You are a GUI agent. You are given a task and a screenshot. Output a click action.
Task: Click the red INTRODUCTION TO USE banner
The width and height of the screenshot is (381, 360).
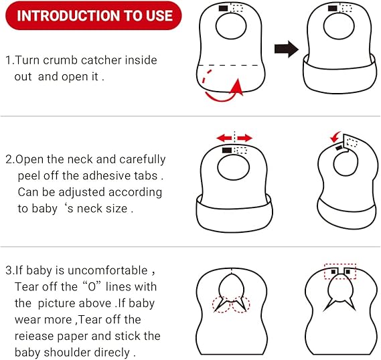[x=94, y=15]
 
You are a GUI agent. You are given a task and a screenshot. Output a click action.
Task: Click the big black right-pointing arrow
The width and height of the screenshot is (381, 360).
[x=287, y=48]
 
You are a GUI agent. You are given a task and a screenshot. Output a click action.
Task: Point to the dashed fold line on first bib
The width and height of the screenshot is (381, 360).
[x=232, y=65]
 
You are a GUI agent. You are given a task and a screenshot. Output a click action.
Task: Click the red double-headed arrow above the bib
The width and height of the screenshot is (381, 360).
[x=234, y=138]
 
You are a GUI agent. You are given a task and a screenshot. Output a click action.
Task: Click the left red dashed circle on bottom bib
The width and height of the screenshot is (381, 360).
[x=220, y=304]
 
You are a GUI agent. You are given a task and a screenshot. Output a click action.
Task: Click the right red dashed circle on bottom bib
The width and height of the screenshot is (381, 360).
[x=239, y=304]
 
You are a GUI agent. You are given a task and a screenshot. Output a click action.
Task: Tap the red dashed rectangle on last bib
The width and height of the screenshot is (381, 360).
[x=340, y=272]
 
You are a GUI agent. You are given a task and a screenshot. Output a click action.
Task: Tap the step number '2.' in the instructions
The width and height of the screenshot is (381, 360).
[x=10, y=160]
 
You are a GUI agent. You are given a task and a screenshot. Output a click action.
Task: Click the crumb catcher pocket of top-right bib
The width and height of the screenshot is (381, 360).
[x=338, y=74]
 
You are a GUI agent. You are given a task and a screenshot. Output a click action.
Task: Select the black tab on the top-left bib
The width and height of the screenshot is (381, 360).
[x=223, y=8]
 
